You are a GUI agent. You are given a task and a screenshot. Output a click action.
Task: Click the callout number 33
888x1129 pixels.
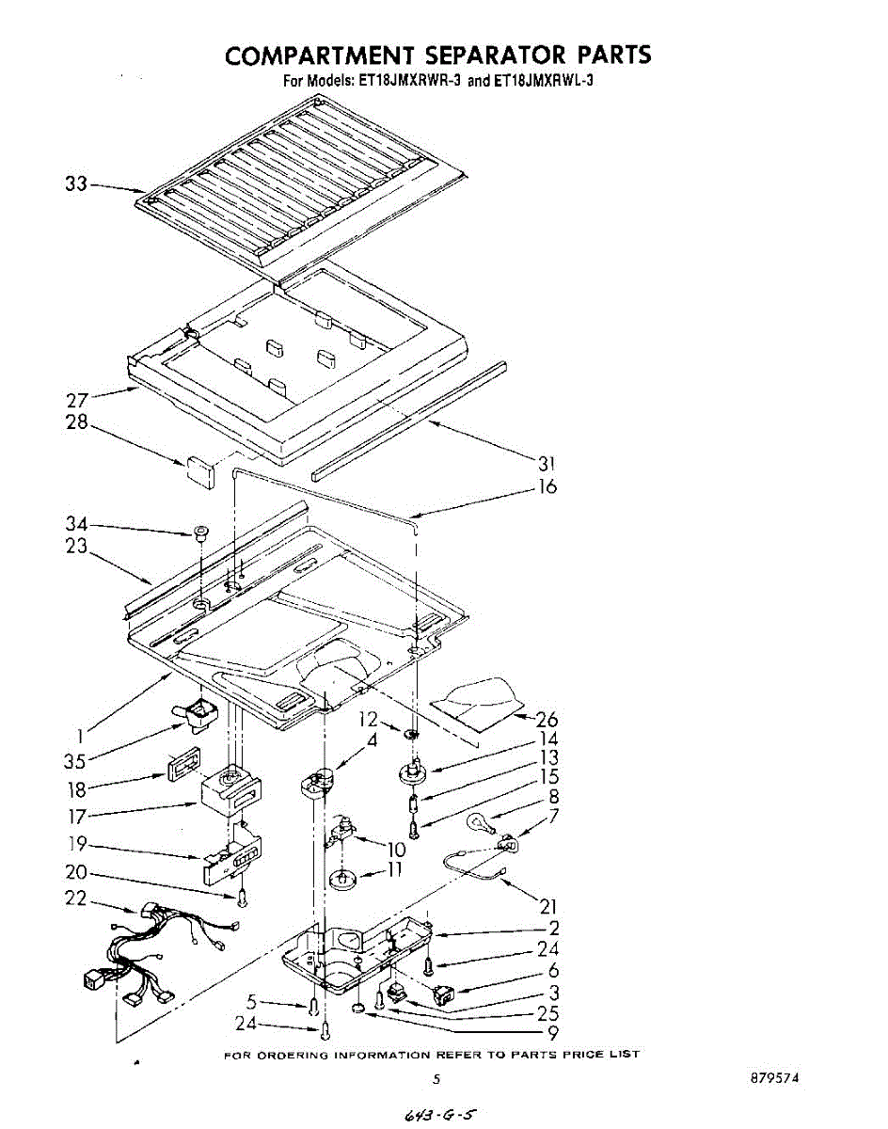pyautogui.click(x=75, y=184)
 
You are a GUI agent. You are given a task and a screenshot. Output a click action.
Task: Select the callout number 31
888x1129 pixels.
pyautogui.click(x=547, y=463)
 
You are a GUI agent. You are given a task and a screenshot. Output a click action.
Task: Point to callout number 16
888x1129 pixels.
pyautogui.click(x=547, y=486)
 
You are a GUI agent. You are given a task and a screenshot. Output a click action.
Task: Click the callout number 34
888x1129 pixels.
pyautogui.click(x=76, y=524)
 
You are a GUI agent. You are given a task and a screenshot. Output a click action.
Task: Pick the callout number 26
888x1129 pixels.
pyautogui.click(x=547, y=720)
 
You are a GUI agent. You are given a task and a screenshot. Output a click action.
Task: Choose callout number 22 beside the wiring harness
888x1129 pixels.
pyautogui.click(x=76, y=898)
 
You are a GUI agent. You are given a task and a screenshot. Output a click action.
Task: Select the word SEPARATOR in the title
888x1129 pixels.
pyautogui.click(x=474, y=55)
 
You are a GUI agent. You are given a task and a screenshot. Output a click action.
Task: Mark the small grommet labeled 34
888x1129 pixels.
pyautogui.click(x=200, y=533)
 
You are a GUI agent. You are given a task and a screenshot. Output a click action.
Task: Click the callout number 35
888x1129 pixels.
pyautogui.click(x=76, y=759)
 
